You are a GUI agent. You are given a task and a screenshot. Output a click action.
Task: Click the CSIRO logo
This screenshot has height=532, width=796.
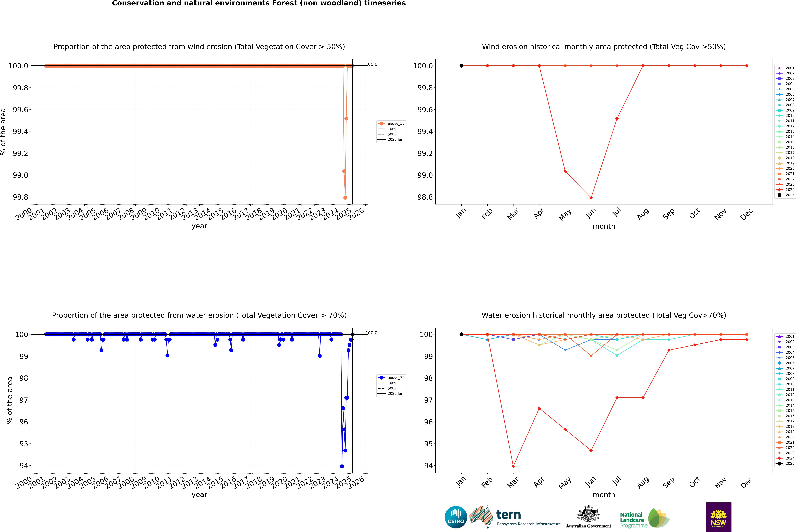click(x=456, y=517)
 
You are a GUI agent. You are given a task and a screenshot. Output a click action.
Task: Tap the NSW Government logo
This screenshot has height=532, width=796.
click(x=718, y=517)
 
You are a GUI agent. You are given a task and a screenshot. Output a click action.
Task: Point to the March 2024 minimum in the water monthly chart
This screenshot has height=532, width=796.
click(x=513, y=466)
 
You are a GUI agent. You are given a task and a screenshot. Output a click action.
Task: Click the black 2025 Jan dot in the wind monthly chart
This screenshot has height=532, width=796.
click(x=461, y=66)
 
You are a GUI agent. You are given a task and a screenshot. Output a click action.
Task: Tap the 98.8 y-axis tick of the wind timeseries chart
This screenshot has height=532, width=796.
click(x=20, y=197)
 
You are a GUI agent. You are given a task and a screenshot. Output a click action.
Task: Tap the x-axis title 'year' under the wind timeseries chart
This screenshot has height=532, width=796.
click(x=199, y=226)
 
